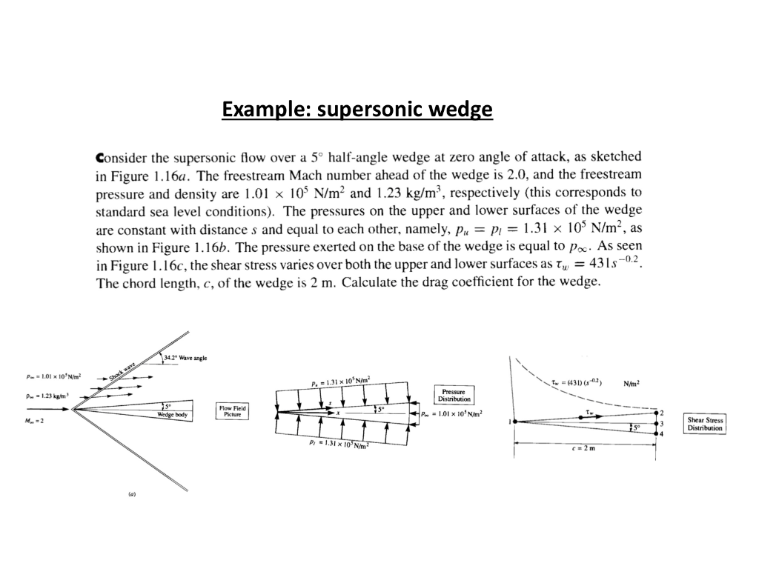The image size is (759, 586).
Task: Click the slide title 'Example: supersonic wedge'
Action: coord(357,110)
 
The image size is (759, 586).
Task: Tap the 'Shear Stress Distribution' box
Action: coord(705,424)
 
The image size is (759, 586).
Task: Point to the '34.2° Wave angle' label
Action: coord(186,358)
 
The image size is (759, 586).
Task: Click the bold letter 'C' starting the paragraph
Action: coord(102,158)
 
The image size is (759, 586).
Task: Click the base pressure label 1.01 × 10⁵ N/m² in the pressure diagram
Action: coord(450,414)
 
